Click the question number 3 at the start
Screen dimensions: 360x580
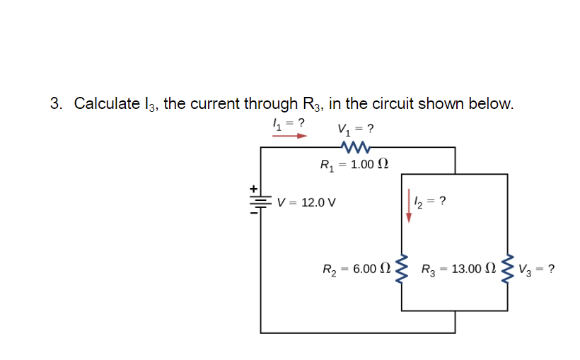(54, 104)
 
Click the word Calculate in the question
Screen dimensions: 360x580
(107, 104)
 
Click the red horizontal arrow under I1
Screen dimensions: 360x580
(290, 134)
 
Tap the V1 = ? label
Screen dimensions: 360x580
(355, 129)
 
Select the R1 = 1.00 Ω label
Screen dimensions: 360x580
(354, 165)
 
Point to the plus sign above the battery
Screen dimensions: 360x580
(250, 189)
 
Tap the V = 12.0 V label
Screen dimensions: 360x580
(306, 202)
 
